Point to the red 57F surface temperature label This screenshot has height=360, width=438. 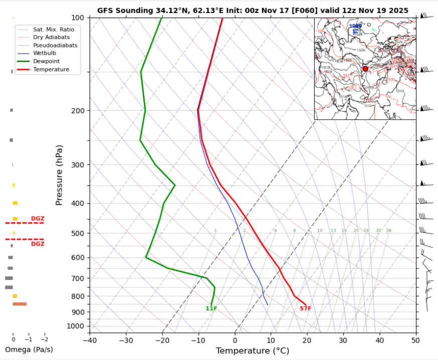[x=305, y=308]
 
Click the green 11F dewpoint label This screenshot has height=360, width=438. [x=211, y=308]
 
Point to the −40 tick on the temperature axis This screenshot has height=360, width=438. [x=90, y=340]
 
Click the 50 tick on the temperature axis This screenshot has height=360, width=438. [x=415, y=340]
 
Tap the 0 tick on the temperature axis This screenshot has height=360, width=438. [x=235, y=340]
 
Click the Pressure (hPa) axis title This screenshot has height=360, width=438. [x=60, y=175]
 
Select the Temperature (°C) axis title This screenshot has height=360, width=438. [x=253, y=351]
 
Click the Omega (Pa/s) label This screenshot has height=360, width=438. [x=29, y=349]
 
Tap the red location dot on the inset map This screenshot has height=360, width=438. [x=365, y=69]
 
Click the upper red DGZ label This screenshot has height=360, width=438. [x=38, y=219]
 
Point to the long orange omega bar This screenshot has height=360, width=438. [x=20, y=304]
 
